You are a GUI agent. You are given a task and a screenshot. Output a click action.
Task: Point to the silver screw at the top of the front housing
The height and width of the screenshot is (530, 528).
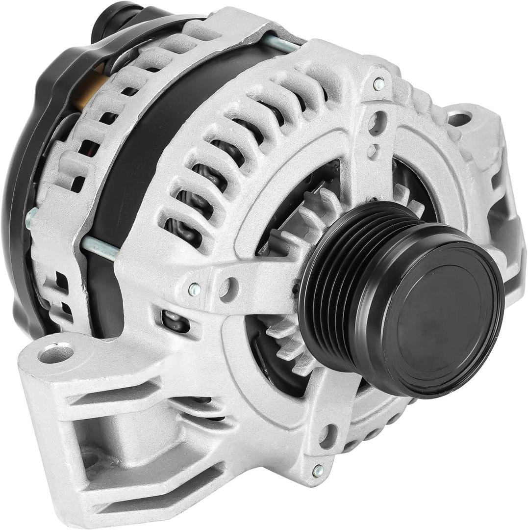click(x=379, y=84)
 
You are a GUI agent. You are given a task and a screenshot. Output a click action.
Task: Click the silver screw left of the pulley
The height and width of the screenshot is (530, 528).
click(x=195, y=290)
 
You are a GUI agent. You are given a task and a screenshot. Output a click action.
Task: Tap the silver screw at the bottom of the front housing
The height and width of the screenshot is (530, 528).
click(x=318, y=471)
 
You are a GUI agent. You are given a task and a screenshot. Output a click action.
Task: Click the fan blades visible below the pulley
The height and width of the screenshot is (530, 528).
click(x=289, y=344)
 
